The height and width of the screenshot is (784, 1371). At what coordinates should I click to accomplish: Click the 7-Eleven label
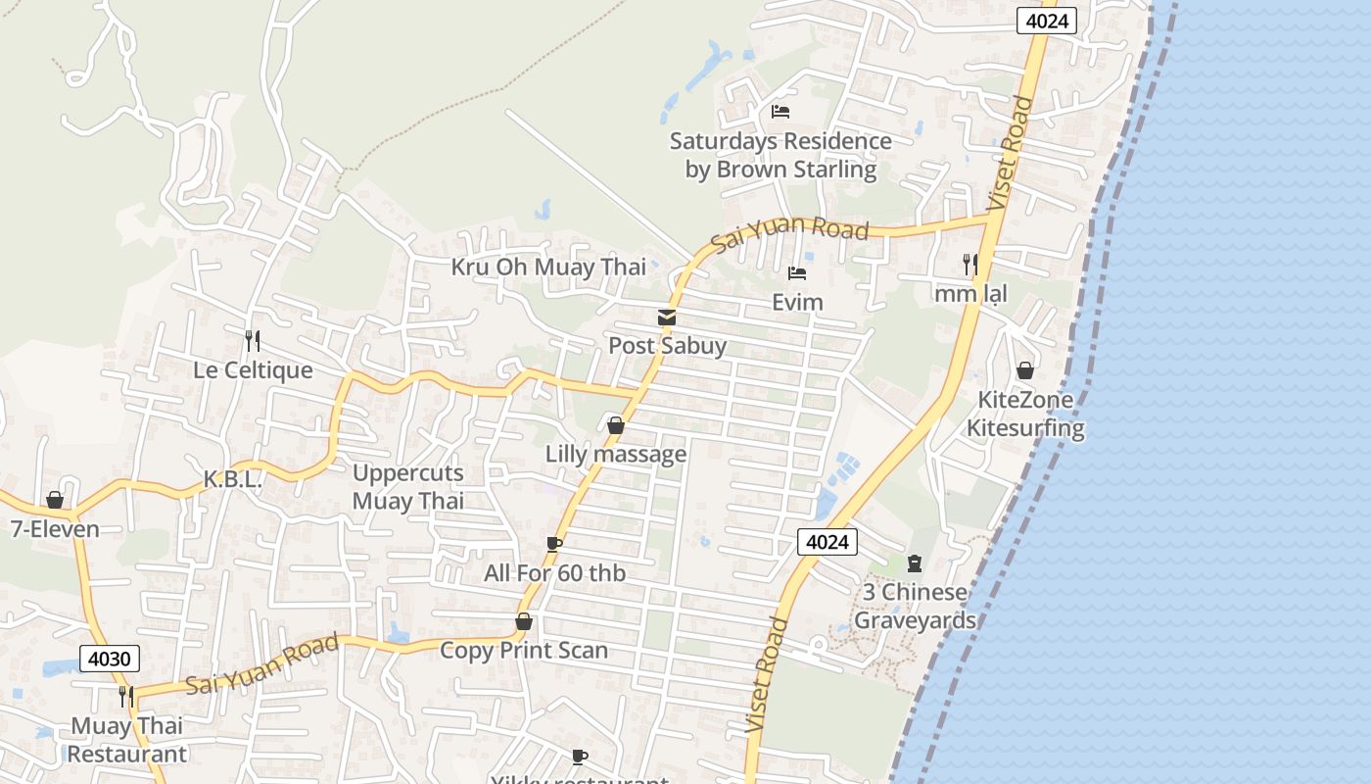point(55,529)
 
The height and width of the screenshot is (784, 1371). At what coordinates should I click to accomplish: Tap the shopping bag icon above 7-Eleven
point(55,500)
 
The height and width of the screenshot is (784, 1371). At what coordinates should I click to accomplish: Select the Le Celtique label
point(253,369)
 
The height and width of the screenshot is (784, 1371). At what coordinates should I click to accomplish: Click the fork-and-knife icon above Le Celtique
point(253,340)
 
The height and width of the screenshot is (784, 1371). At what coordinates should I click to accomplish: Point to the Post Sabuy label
point(667,345)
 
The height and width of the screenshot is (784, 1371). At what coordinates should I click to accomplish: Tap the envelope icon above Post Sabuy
point(667,317)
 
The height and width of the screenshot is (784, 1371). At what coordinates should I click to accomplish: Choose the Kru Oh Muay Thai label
point(548,267)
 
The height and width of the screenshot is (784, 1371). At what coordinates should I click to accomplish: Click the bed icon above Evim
point(797,273)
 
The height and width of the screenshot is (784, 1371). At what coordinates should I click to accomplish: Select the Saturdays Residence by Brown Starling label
point(780,155)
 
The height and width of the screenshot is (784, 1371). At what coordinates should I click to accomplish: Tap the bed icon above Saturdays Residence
point(780,112)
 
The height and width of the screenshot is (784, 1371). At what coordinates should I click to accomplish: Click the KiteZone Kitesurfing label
point(1025,414)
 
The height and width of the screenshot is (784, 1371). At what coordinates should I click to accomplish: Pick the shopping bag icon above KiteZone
point(1025,370)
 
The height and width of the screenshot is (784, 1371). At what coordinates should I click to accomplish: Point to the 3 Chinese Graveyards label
point(915,606)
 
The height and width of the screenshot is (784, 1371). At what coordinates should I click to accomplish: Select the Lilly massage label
point(616,454)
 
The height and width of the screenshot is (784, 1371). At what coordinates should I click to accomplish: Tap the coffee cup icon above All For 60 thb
point(554,544)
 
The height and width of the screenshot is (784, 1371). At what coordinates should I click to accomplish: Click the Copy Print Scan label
point(524,650)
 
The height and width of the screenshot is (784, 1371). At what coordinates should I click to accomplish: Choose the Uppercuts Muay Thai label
point(407,486)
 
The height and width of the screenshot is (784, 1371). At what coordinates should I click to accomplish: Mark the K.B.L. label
point(232,479)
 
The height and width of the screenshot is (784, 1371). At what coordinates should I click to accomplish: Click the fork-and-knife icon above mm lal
point(969,265)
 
